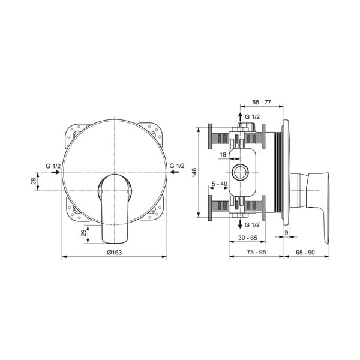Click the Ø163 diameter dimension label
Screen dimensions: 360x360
tap(114, 252)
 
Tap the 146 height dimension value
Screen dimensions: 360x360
tap(194, 172)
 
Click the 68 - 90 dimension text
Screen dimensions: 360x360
tap(306, 252)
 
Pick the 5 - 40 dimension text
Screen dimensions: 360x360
tap(219, 185)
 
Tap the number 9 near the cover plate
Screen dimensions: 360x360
tap(286, 232)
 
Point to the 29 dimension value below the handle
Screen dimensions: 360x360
tap(83, 233)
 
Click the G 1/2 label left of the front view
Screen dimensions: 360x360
tap(53, 165)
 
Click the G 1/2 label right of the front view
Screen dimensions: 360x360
tap(176, 165)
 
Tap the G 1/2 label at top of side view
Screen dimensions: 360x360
tap(253, 116)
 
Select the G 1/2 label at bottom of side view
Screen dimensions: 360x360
tap(253, 224)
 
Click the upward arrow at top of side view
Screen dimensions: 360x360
tap(241, 116)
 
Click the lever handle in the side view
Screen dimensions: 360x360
tap(318, 204)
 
